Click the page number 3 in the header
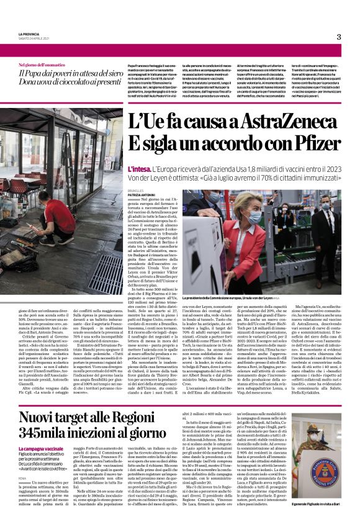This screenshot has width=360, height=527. click(339, 37)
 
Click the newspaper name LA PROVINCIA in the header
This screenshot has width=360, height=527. click(30, 35)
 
